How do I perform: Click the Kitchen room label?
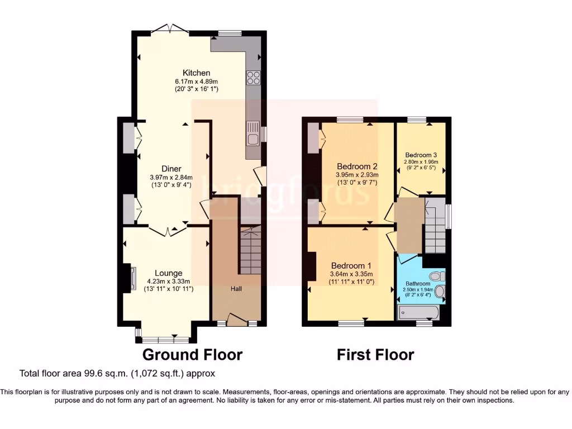tap(197, 73)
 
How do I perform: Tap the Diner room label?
tap(171, 169)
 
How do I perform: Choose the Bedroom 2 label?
tap(357, 166)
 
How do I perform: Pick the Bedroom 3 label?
tap(421, 155)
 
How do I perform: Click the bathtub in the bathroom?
tap(418, 312)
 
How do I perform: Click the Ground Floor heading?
tap(192, 355)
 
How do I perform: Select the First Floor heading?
tap(375, 355)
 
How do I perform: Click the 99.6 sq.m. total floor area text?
tap(117, 373)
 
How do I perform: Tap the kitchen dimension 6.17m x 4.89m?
tap(196, 82)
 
